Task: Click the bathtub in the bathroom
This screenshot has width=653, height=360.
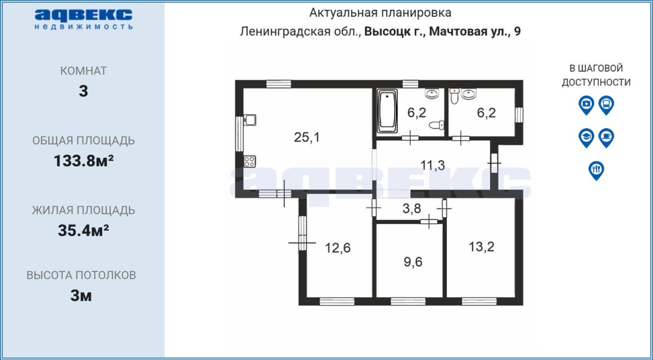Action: [387, 111]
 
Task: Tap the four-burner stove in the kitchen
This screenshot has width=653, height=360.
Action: [249, 162]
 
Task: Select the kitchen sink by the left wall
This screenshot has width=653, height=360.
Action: [250, 120]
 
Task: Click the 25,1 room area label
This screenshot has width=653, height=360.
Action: [307, 137]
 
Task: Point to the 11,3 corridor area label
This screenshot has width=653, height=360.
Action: [432, 165]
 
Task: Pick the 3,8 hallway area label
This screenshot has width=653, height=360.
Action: [412, 209]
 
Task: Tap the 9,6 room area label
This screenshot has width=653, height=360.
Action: [413, 262]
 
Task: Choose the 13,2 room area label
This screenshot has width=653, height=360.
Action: [481, 247]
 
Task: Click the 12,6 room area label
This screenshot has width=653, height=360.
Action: [338, 248]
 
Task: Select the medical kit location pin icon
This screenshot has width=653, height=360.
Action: [586, 105]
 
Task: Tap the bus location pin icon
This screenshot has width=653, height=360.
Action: [607, 105]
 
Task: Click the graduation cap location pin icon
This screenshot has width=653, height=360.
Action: [586, 138]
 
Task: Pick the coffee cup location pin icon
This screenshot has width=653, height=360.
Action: [607, 138]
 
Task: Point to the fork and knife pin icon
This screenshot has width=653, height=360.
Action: [596, 170]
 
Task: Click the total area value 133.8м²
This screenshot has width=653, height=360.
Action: [84, 161]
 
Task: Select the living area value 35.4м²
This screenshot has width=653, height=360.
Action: [83, 230]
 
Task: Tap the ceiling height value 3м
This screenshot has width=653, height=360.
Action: [81, 296]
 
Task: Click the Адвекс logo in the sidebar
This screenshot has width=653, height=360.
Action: [84, 19]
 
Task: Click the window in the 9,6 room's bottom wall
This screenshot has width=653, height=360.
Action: [408, 301]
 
